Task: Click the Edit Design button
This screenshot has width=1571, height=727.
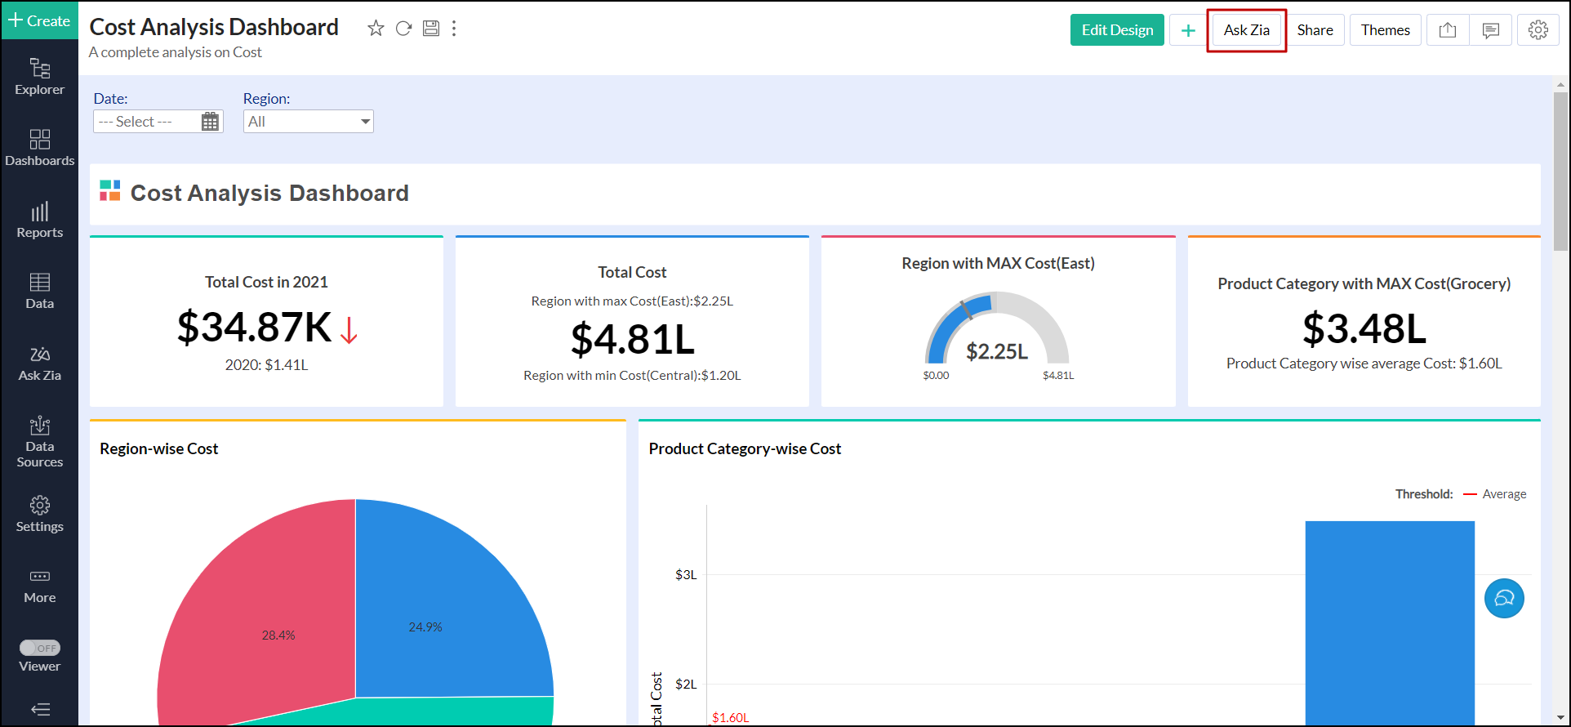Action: (1117, 30)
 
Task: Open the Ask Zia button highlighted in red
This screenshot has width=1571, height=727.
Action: (1246, 30)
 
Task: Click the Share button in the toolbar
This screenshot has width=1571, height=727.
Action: (1315, 30)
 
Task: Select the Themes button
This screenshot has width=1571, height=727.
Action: (1385, 30)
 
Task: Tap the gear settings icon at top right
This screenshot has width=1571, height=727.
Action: (1538, 30)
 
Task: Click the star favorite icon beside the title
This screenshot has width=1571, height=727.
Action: (376, 29)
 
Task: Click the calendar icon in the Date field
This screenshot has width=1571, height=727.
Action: (210, 122)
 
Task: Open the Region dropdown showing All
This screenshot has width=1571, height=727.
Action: (308, 122)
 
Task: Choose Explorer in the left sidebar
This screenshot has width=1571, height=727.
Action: (39, 77)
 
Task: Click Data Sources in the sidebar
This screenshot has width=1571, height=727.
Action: (39, 442)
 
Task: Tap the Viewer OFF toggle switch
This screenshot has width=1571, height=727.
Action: (40, 648)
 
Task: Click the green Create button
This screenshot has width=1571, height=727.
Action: (39, 20)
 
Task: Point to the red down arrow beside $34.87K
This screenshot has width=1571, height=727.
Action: (349, 330)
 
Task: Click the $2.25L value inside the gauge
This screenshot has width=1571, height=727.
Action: (996, 351)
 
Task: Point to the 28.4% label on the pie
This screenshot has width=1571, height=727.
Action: (278, 635)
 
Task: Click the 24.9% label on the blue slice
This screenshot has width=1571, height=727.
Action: (425, 627)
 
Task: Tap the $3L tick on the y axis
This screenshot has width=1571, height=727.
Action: (686, 575)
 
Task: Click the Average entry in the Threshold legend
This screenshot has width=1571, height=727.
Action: (1503, 494)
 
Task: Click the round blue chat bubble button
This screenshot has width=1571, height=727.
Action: (1504, 599)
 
